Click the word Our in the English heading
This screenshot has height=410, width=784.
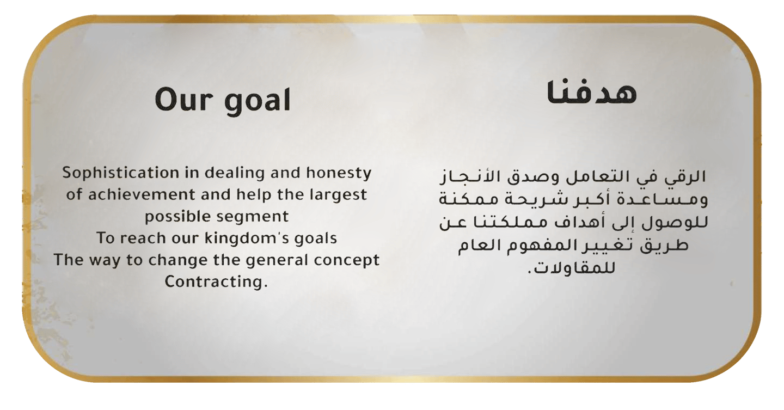click(x=183, y=100)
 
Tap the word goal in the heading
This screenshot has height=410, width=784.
click(x=257, y=101)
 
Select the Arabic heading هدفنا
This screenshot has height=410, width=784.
click(x=591, y=93)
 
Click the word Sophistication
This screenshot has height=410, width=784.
click(x=121, y=173)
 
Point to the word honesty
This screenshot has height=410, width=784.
click(x=339, y=173)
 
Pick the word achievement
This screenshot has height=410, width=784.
click(x=142, y=195)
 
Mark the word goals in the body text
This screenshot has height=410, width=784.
click(x=315, y=239)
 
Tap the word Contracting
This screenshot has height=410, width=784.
click(x=216, y=282)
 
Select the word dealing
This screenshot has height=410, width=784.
click(x=235, y=173)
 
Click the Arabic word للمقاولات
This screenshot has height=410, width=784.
click(x=571, y=268)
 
